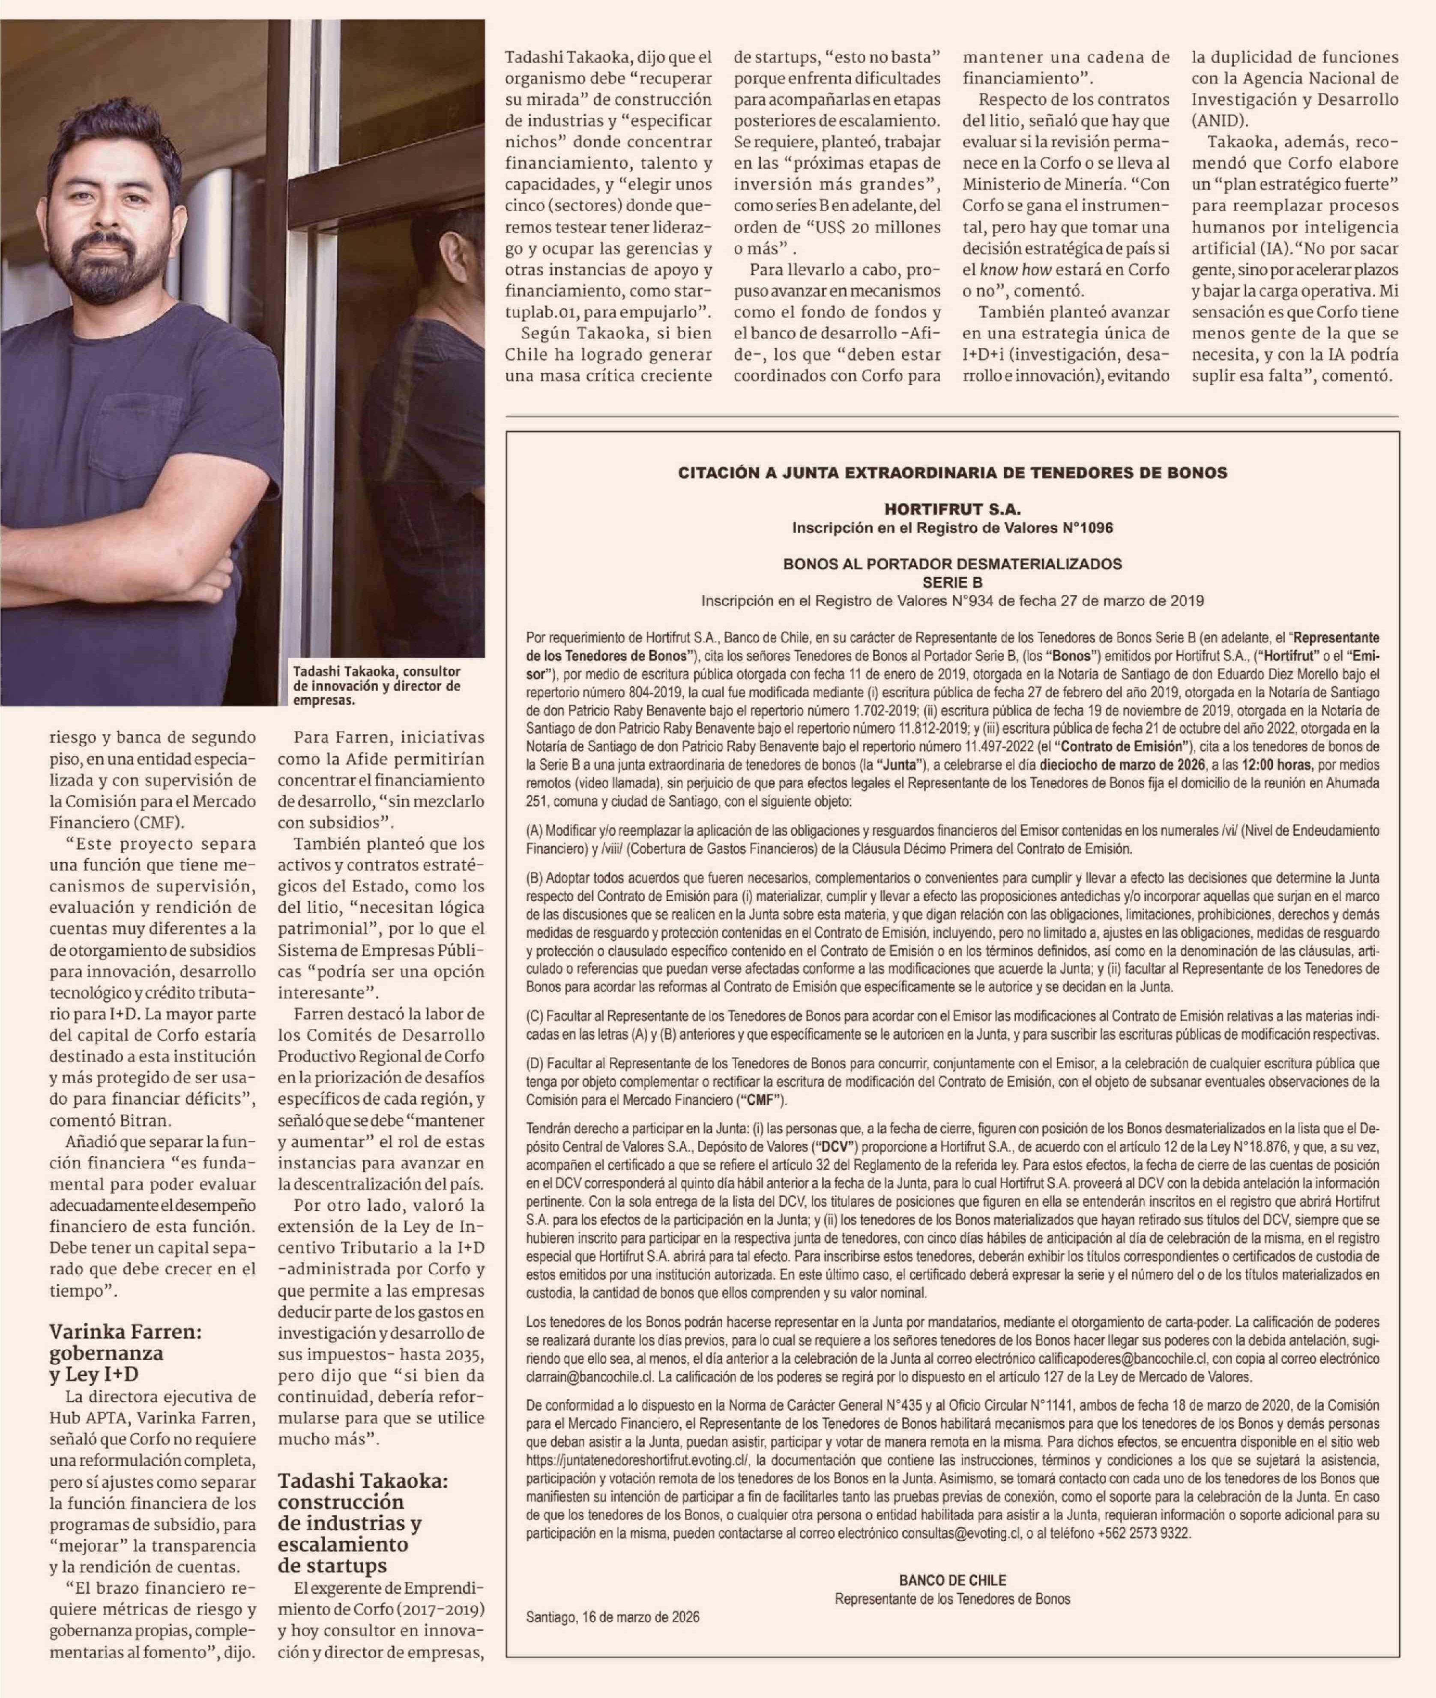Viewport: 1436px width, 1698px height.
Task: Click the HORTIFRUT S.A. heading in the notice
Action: tap(952, 510)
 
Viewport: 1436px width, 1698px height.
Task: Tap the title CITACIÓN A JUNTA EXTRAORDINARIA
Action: tap(952, 472)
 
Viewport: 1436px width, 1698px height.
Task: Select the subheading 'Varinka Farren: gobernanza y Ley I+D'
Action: tap(126, 1353)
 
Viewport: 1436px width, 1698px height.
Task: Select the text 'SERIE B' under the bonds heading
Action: tap(952, 582)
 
